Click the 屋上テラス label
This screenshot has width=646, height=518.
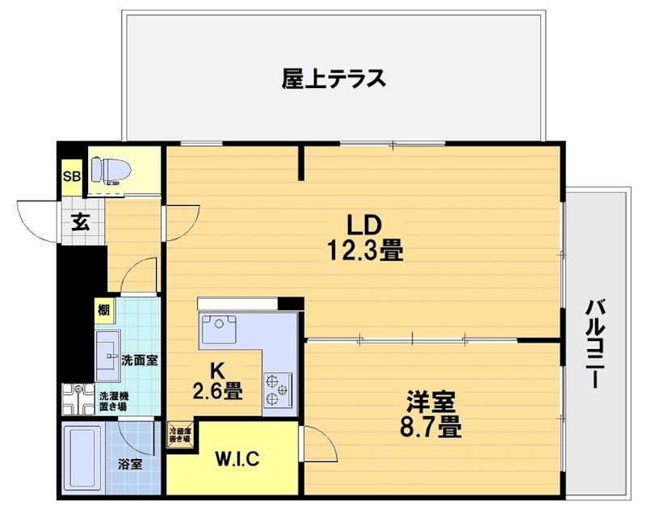coord(333,79)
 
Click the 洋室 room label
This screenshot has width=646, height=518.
coord(431,402)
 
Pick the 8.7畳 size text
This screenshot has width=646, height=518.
coord(431,426)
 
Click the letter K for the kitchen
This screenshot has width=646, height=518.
coord(217,371)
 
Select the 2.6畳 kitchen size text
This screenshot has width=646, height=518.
coord(217,393)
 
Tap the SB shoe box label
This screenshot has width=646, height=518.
coord(72,177)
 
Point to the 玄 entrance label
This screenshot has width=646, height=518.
coord(79,221)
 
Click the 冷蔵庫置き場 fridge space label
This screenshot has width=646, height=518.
coord(179,436)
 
